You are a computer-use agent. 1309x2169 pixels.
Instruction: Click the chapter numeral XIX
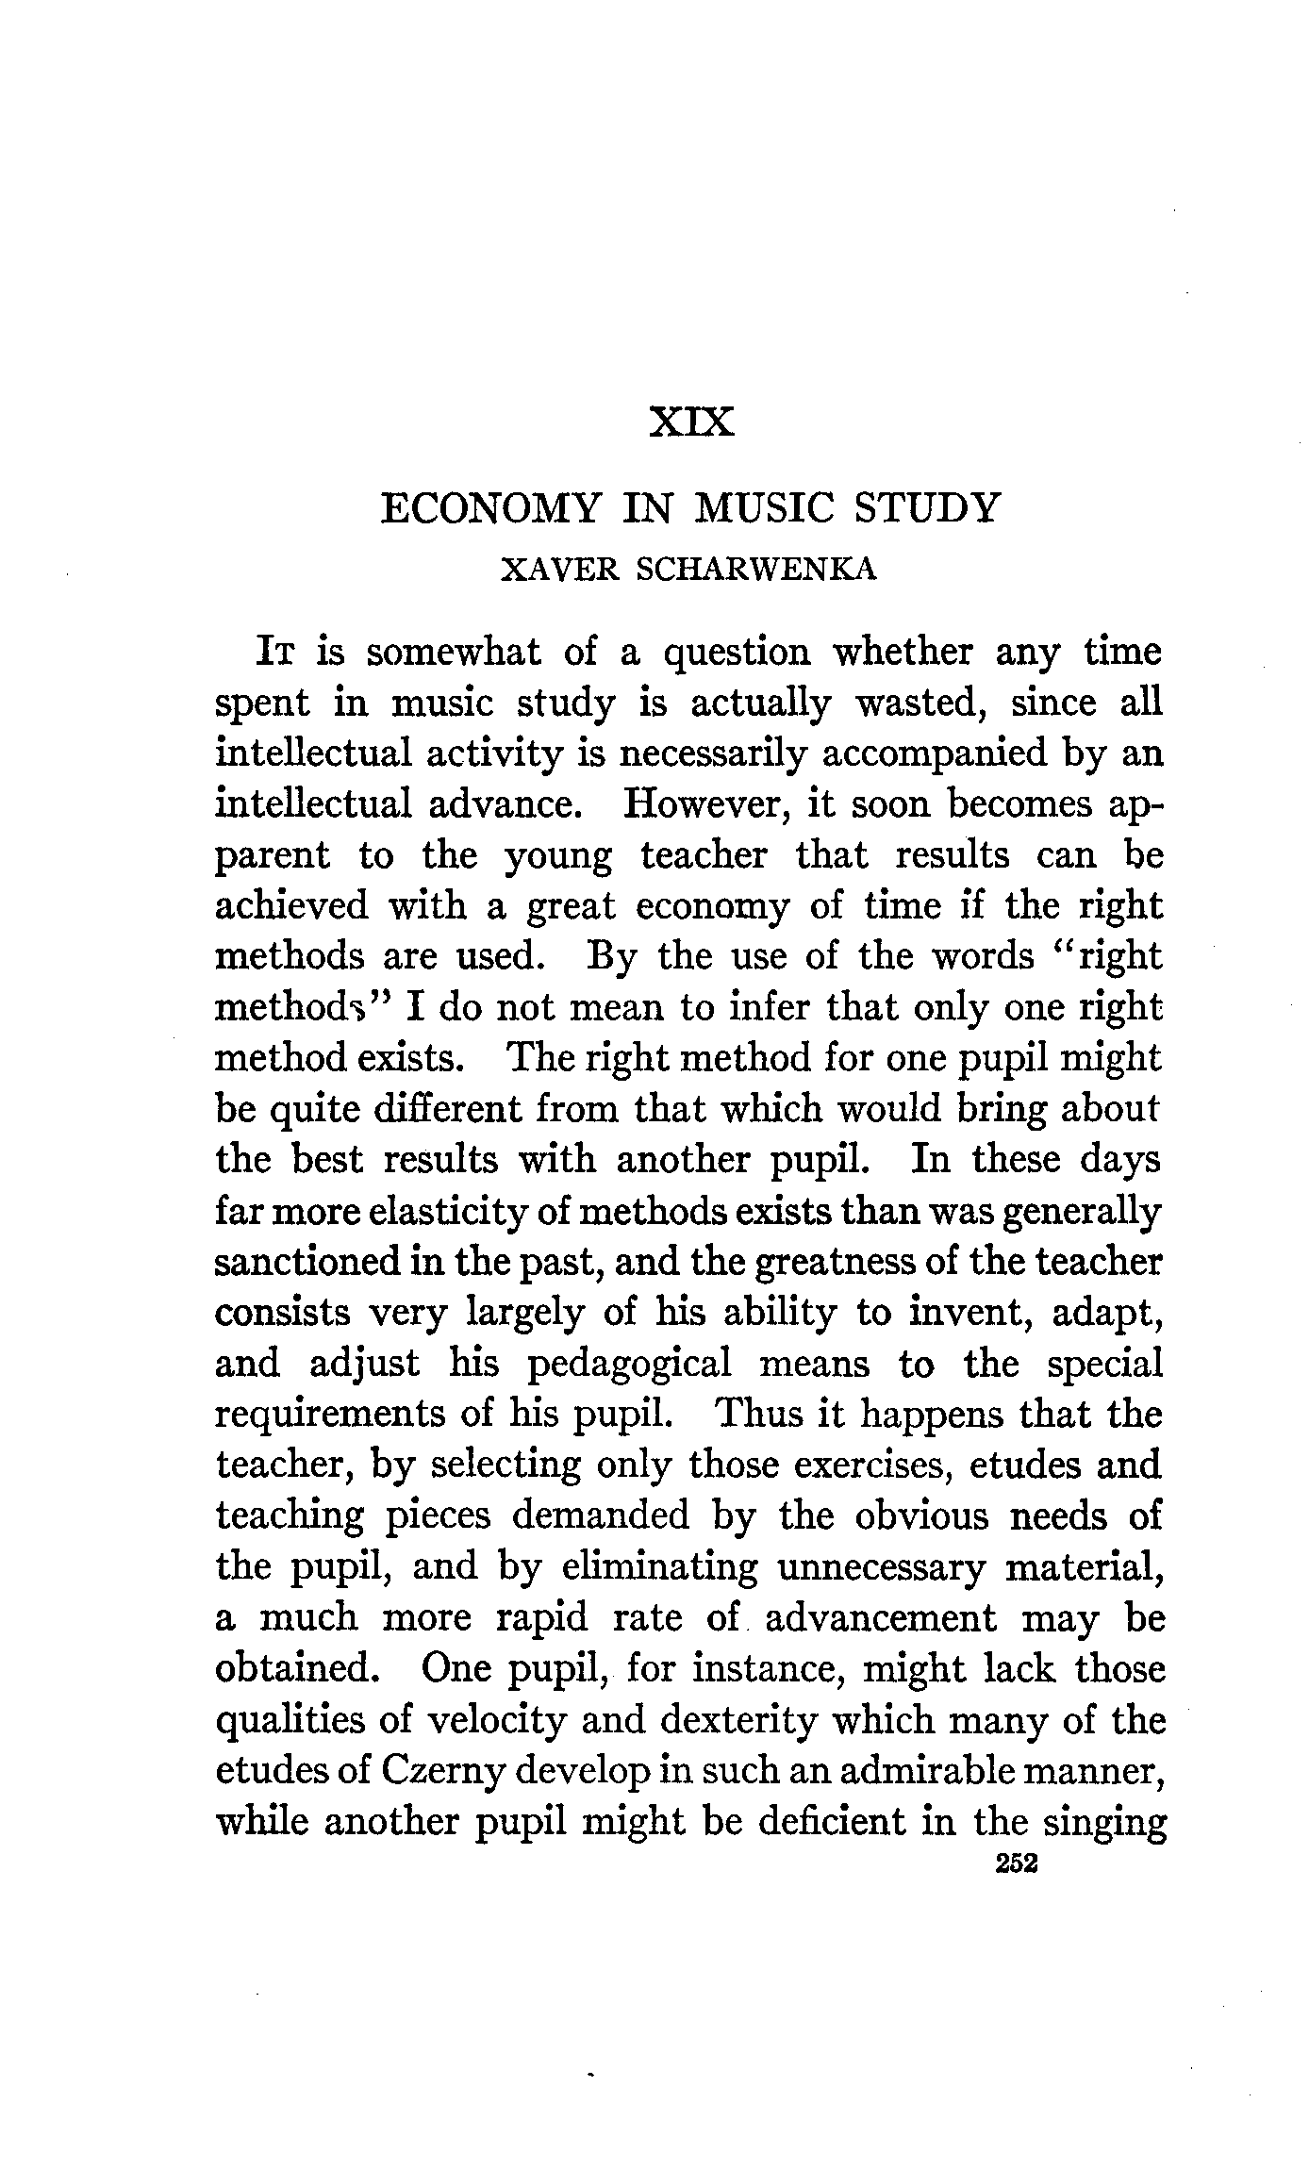point(691,422)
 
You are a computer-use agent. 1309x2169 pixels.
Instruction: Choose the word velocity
point(497,1721)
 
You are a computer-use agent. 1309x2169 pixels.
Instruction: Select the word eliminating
point(659,1568)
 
